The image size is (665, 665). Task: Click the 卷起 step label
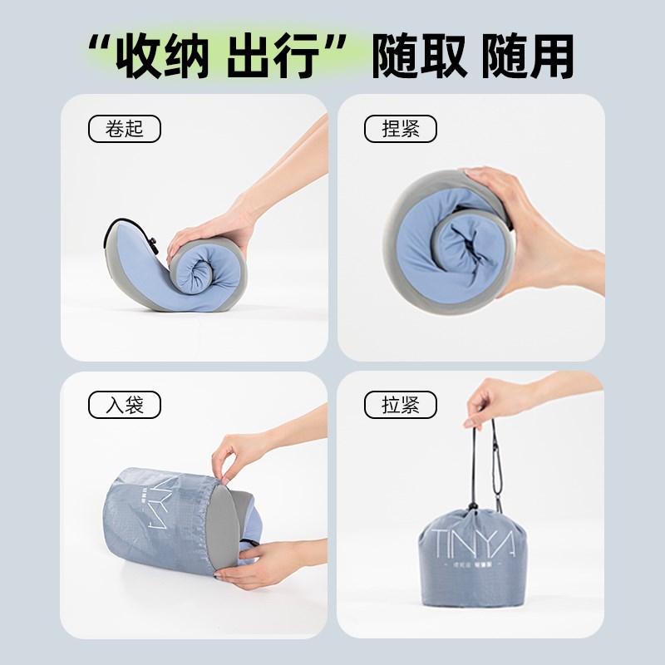click(124, 130)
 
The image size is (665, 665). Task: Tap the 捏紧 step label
click(400, 130)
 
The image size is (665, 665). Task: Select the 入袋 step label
click(124, 406)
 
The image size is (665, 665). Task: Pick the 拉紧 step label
click(400, 406)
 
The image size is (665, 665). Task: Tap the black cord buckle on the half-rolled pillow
click(153, 245)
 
